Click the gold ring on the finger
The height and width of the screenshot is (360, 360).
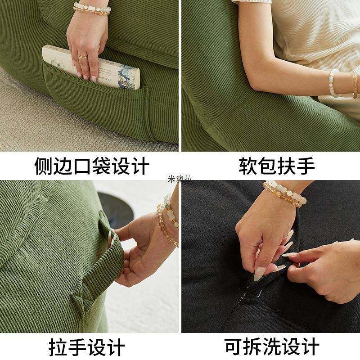83,56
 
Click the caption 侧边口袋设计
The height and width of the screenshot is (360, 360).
92,166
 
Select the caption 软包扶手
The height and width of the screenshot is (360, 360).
276,166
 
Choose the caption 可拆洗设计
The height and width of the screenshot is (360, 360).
272,347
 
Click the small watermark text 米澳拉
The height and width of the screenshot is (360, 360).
180,179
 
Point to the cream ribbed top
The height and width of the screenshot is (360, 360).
315,36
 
